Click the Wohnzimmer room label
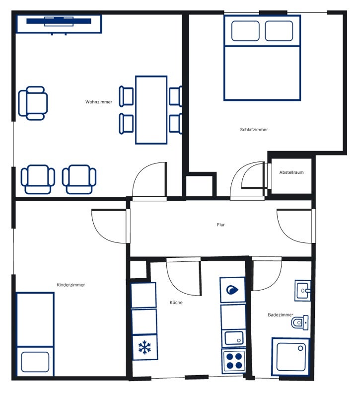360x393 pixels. (99, 102)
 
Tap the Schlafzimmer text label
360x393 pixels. (254, 130)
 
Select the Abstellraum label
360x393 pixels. (291, 172)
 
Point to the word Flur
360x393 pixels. (220, 225)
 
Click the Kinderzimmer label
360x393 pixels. (71, 285)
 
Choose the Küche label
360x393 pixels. (176, 303)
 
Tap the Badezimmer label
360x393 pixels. (281, 315)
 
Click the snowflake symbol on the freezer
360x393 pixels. (145, 347)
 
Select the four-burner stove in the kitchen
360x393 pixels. (233, 361)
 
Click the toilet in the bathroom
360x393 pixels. (300, 322)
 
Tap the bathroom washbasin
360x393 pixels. (302, 291)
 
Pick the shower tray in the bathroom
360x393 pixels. (290, 356)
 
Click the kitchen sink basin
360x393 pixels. (234, 338)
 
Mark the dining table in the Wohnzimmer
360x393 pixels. (151, 110)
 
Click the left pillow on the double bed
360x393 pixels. (245, 31)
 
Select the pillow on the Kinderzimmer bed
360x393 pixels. (35, 362)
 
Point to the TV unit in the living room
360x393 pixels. (59, 24)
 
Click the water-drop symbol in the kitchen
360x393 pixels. (232, 290)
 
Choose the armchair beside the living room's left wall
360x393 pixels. (33, 103)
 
